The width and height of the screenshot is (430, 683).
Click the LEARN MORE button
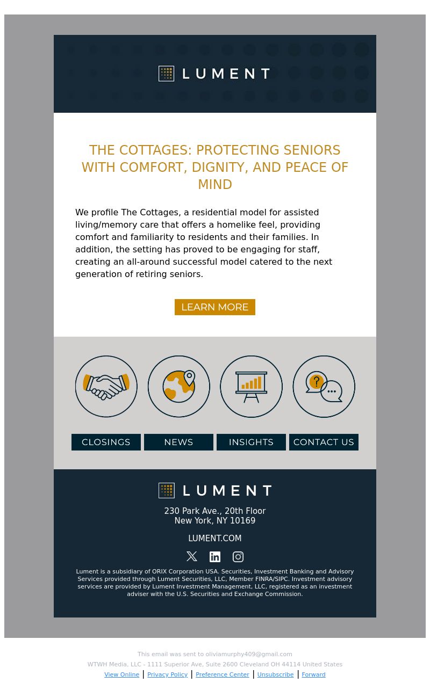tap(215, 307)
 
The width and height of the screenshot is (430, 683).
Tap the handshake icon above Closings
tap(106, 386)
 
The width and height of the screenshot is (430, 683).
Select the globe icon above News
tap(179, 386)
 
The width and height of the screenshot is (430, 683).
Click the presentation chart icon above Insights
tap(251, 386)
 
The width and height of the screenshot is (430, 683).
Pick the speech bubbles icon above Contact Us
tap(324, 386)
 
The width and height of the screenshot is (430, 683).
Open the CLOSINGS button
tap(106, 442)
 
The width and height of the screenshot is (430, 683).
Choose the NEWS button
tap(178, 442)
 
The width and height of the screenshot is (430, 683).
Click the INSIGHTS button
tap(251, 442)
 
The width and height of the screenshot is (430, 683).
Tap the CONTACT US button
tap(324, 442)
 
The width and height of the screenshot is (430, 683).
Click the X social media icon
tap(192, 557)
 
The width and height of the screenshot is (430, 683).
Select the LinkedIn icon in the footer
tap(215, 557)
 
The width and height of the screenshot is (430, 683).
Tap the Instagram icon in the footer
tap(238, 557)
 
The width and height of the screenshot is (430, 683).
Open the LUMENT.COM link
tap(215, 539)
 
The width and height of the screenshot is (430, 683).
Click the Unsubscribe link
tap(275, 675)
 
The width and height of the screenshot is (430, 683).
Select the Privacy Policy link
tap(167, 675)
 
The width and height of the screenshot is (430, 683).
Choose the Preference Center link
tap(223, 675)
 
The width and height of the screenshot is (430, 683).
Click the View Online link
tap(121, 675)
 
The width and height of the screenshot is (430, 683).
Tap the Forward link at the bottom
tap(313, 675)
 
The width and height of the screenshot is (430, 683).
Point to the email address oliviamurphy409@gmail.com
tap(249, 655)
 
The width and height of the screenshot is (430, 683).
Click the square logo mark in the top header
tap(167, 74)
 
